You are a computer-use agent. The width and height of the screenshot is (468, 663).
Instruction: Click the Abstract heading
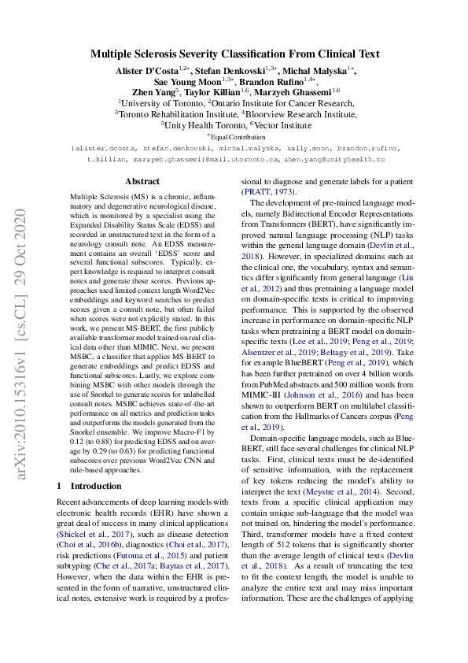(142, 180)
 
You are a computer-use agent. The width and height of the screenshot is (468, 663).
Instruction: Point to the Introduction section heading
(92, 486)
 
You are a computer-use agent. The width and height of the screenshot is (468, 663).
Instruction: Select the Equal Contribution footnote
(235, 135)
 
